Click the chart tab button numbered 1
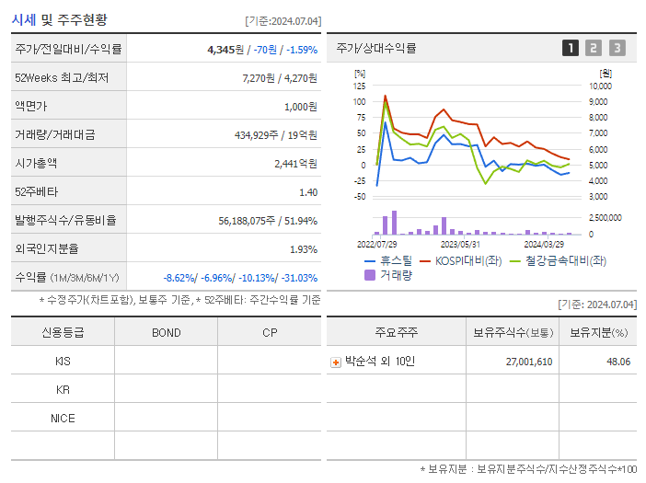pos(571,48)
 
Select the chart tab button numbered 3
pos(617,48)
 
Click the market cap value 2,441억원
pos(295,163)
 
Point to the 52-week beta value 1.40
pos(308,191)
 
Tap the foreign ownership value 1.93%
pos(304,248)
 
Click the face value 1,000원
pos(300,106)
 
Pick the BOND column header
pos(166,332)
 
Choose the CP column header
pos(270,332)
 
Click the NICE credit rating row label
pos(63,418)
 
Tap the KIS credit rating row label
pos(63,361)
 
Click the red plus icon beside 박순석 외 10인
pos(336,362)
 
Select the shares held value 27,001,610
pos(529,362)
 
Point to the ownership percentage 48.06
pos(618,362)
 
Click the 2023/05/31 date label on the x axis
pos(460,245)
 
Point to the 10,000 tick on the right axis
pos(599,86)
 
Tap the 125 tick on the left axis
pos(360,86)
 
